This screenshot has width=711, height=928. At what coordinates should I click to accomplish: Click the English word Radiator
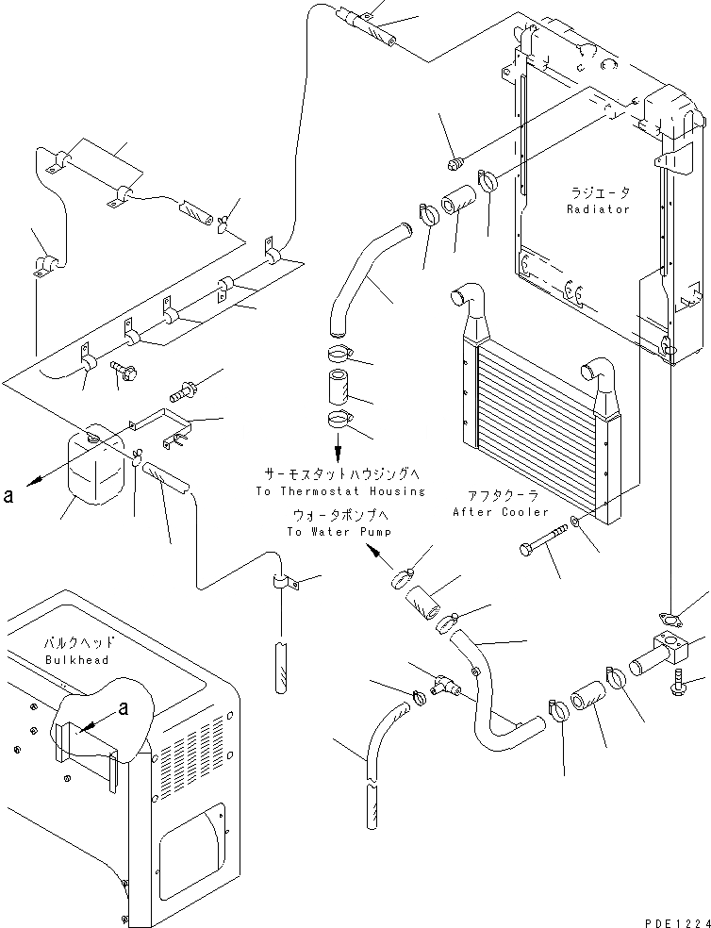[x=598, y=209]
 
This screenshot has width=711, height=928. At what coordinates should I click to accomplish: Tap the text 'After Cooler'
[x=500, y=512]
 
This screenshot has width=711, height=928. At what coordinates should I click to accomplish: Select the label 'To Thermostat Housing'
[x=339, y=491]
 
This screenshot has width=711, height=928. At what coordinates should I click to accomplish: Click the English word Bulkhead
[x=77, y=660]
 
